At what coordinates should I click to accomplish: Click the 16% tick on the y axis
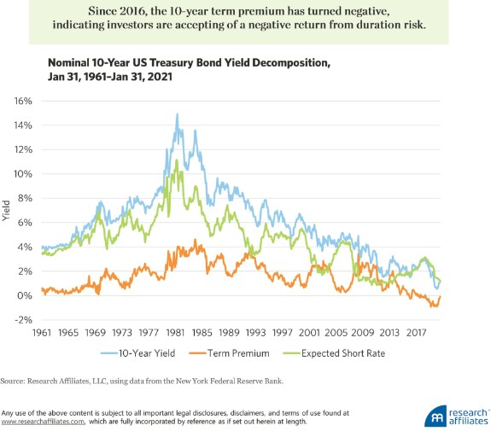coord(23,101)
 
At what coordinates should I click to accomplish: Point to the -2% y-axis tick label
coord(23,320)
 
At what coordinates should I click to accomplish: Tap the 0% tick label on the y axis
coord(25,295)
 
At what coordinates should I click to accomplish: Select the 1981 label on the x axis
coord(175,332)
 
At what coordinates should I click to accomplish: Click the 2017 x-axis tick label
coord(416,332)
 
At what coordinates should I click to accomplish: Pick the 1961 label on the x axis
coord(42,332)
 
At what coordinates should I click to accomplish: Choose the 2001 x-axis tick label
coord(309,332)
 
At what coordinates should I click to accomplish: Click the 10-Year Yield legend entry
coord(137,353)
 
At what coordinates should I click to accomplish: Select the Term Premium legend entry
coord(229,353)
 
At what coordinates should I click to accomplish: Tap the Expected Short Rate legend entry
coord(334,353)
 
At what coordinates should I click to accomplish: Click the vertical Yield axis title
coord(6,211)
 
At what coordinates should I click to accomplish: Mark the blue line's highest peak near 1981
coord(178,114)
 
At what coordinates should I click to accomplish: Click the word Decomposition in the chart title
coord(290,63)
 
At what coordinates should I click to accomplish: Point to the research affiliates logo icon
coord(435,416)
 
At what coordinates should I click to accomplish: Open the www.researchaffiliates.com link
coord(43,422)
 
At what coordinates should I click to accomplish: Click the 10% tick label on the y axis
coord(23,174)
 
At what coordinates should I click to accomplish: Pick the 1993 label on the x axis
coord(255,332)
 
